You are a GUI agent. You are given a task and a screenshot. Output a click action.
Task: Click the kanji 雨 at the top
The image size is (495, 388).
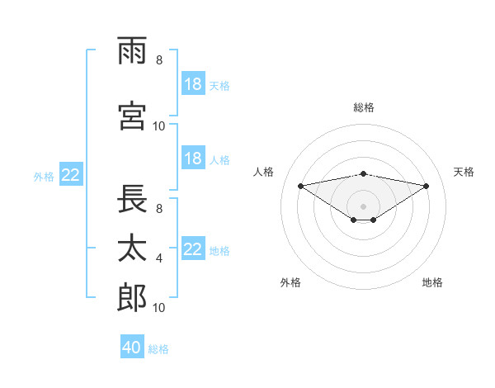click(132, 50)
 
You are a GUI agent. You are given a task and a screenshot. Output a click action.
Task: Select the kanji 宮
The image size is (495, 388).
click(132, 116)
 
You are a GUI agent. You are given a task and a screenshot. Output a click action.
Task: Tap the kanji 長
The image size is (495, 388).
click(132, 199)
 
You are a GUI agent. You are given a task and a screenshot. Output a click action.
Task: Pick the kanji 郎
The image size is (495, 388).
click(132, 297)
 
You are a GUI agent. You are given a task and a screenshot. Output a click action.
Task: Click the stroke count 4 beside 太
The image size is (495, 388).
click(159, 258)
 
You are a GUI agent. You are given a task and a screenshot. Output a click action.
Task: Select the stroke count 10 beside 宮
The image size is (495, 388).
click(158, 126)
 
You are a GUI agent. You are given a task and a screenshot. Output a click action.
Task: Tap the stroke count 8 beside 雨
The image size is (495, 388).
click(159, 59)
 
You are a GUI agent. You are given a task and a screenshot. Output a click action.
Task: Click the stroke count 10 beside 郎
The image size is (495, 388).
click(158, 307)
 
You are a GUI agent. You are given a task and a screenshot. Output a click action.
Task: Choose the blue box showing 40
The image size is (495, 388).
click(132, 346)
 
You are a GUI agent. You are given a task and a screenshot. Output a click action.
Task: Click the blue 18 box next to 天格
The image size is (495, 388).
click(194, 83)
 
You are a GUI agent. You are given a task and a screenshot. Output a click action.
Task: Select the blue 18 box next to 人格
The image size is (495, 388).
click(194, 158)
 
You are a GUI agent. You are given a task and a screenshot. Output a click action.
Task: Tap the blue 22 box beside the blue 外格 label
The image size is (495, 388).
click(71, 174)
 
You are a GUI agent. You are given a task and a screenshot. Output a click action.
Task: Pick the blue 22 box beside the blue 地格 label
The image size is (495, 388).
click(194, 248)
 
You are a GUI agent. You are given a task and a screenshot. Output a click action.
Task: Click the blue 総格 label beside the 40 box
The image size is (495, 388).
click(158, 349)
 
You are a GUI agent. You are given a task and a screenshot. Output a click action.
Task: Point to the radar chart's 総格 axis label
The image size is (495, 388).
click(364, 107)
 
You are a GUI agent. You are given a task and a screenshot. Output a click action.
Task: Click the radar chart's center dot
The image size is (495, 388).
click(363, 206)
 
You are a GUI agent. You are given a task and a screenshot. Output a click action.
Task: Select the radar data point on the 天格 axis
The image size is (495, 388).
click(427, 186)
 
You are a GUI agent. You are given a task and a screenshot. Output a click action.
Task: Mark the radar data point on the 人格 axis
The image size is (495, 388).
click(300, 186)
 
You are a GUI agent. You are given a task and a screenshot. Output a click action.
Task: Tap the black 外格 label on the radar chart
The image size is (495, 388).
click(290, 282)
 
